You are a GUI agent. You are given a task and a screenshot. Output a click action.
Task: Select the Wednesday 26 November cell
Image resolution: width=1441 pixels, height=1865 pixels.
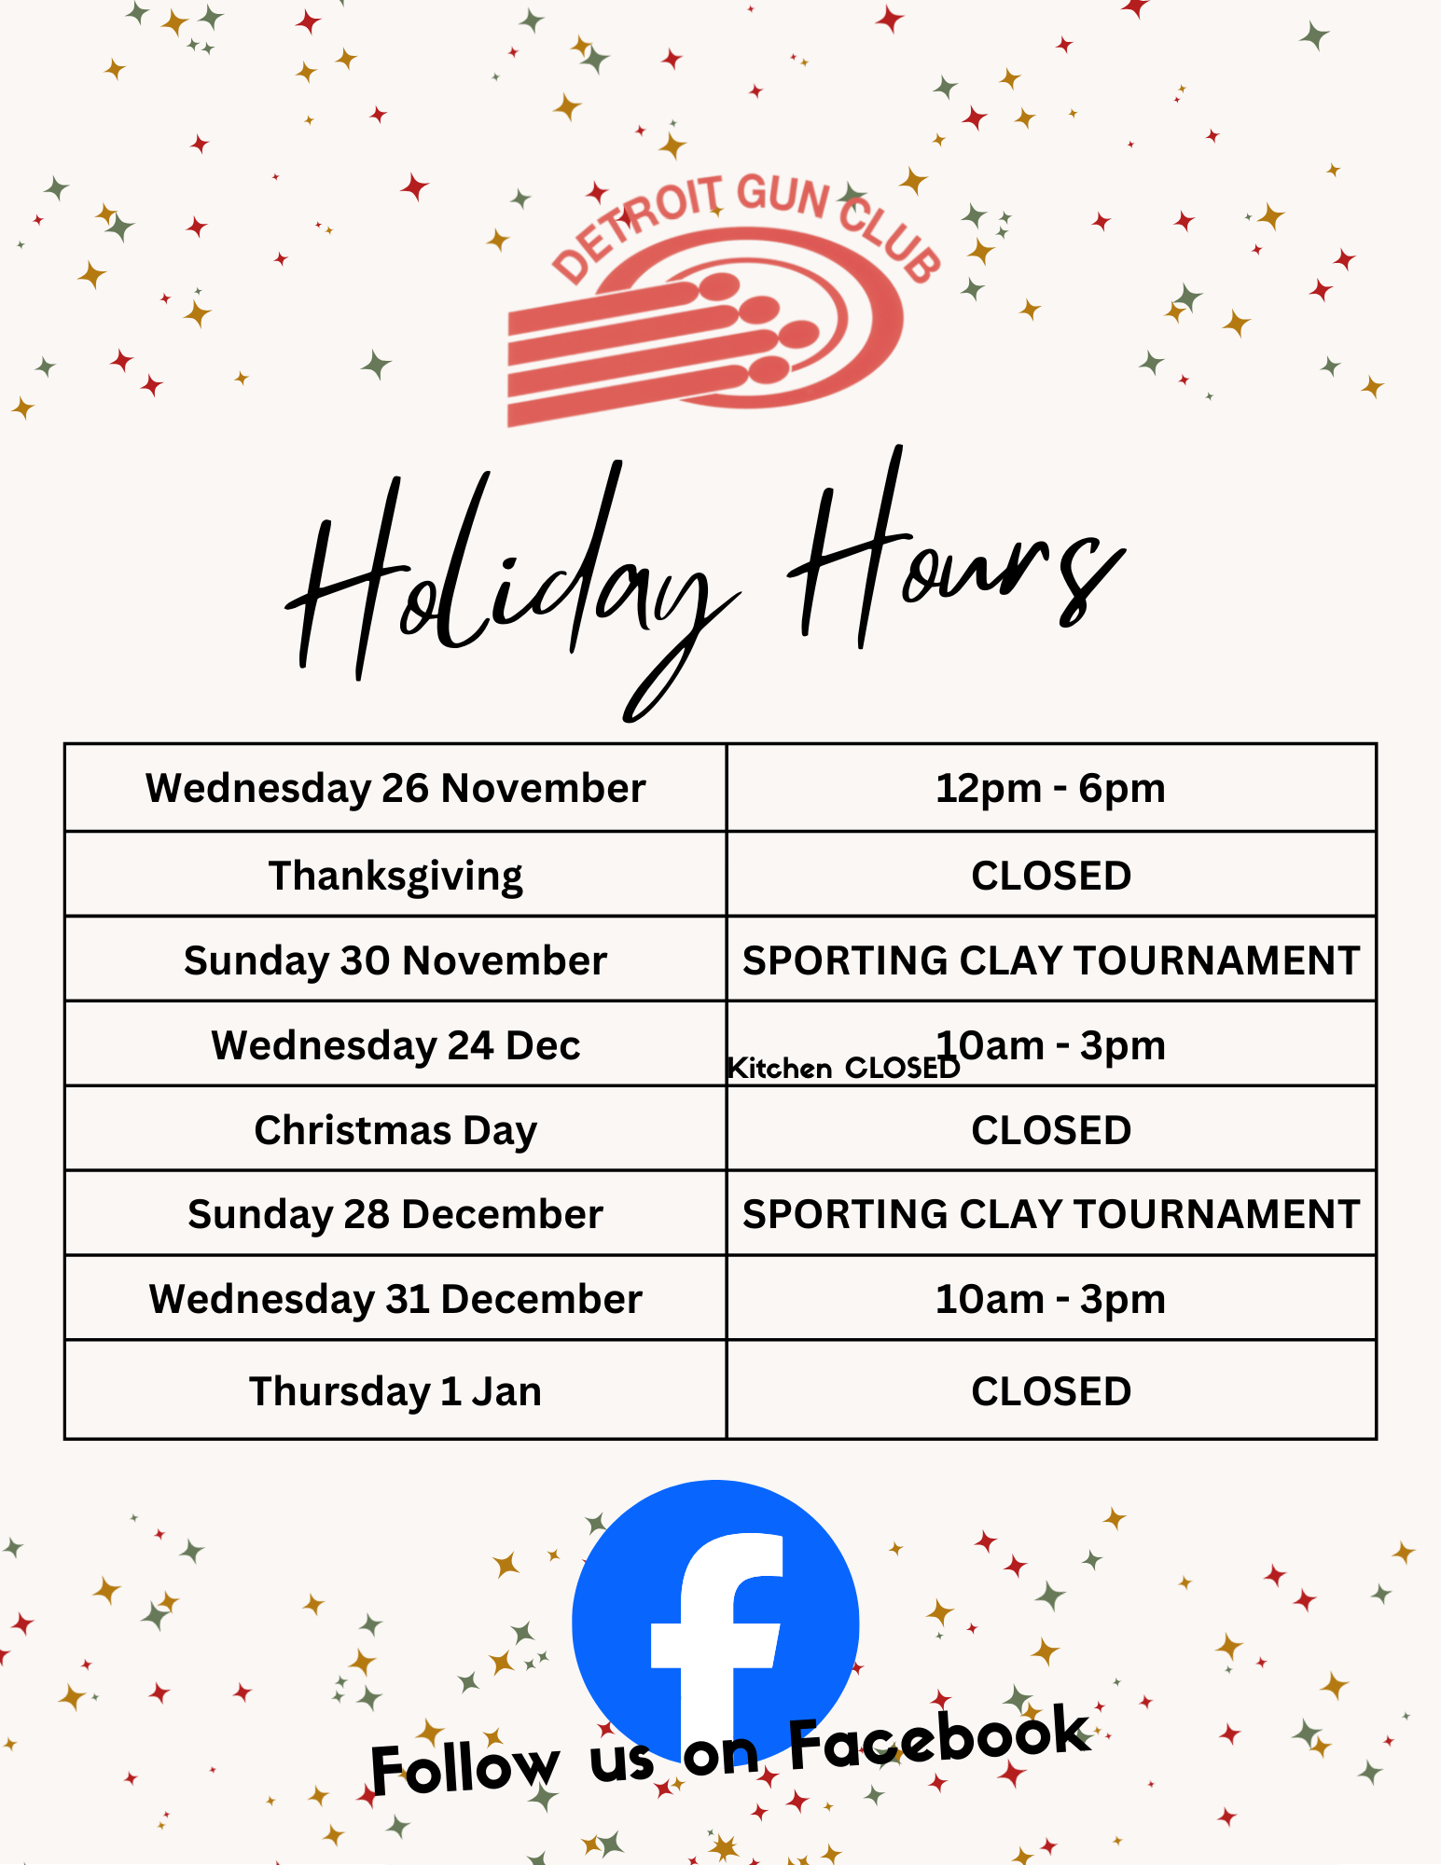(395, 788)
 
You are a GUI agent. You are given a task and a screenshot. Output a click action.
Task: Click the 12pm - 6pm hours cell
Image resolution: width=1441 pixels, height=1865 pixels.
(1051, 788)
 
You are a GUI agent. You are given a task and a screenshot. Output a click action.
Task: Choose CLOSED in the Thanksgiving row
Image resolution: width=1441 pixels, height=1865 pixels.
(1051, 876)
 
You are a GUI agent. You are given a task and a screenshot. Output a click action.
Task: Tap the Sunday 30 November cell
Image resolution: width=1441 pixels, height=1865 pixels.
(395, 960)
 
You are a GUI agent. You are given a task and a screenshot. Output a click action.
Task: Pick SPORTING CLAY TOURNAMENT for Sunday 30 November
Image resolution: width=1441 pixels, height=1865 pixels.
(1051, 960)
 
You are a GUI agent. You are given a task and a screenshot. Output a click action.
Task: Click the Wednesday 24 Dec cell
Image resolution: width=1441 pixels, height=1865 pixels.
(395, 1045)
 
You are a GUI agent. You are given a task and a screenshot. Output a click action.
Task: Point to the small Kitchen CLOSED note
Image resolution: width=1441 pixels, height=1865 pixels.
(843, 1069)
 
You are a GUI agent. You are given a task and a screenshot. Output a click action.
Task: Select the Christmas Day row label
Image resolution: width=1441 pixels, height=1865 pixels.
(395, 1130)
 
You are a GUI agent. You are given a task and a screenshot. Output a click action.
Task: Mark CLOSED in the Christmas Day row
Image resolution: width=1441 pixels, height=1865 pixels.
(1051, 1130)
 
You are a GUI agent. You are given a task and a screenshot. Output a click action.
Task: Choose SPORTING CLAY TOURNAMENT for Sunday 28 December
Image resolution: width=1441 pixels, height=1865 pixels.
(1051, 1214)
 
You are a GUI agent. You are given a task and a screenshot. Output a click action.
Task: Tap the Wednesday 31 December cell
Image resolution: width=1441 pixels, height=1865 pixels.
(395, 1299)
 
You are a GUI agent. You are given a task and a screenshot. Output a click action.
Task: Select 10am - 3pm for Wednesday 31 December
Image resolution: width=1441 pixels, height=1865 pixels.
(1051, 1299)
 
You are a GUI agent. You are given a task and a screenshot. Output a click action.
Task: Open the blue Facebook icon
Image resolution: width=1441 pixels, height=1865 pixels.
(715, 1623)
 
